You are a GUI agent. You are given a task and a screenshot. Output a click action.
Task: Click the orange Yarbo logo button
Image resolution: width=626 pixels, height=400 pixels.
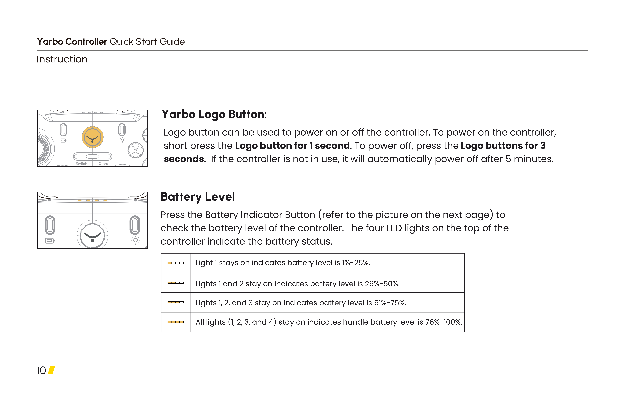tap(93, 137)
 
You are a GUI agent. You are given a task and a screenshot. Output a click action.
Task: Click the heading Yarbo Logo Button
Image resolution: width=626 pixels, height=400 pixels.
tap(214, 114)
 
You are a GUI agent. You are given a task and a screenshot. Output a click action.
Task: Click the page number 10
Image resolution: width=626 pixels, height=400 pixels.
tap(41, 370)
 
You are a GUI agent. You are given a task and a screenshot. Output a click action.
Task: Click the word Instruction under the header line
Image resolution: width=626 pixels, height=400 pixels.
tap(62, 59)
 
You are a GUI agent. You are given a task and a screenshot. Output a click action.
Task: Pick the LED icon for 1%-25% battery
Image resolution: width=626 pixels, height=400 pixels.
tap(175, 263)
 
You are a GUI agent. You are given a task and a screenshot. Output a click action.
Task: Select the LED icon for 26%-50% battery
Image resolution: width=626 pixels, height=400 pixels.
tap(175, 283)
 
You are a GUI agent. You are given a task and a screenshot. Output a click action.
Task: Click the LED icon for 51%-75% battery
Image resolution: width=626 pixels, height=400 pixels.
tap(175, 302)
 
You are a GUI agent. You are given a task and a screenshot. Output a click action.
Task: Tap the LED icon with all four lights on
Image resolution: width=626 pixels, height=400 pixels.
tap(175, 322)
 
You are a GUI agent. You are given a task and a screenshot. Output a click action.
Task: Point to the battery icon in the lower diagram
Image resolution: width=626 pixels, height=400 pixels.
tap(50, 241)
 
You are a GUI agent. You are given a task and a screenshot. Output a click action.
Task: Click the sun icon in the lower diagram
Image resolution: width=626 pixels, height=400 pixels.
tap(135, 240)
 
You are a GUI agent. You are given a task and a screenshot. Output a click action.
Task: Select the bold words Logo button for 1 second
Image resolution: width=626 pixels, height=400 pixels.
tap(292, 146)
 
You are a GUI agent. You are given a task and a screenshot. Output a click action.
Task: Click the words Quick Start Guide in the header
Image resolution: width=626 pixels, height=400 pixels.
tap(147, 42)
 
